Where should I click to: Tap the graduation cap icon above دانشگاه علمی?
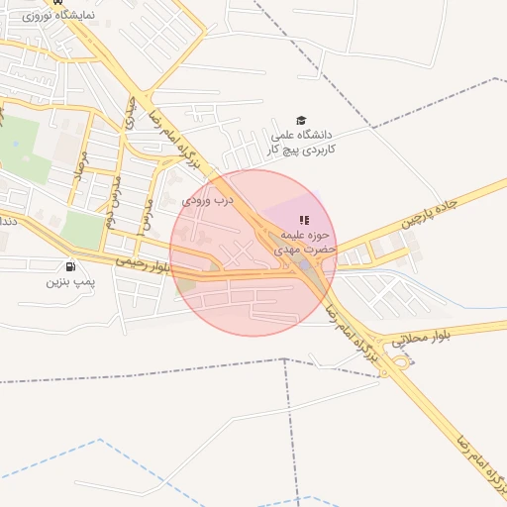pos(301,120)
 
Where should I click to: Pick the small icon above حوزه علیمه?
pos(304,220)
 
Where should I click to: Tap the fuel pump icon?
pos(69,266)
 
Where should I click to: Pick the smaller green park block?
pos(83,231)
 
